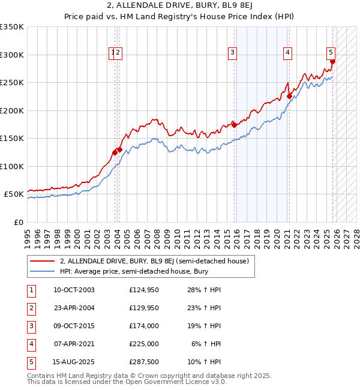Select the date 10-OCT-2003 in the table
74,290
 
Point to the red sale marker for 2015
234,125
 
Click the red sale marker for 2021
289,96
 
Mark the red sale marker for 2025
333,61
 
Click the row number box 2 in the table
30,308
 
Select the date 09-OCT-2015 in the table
74,326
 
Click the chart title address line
179,7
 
